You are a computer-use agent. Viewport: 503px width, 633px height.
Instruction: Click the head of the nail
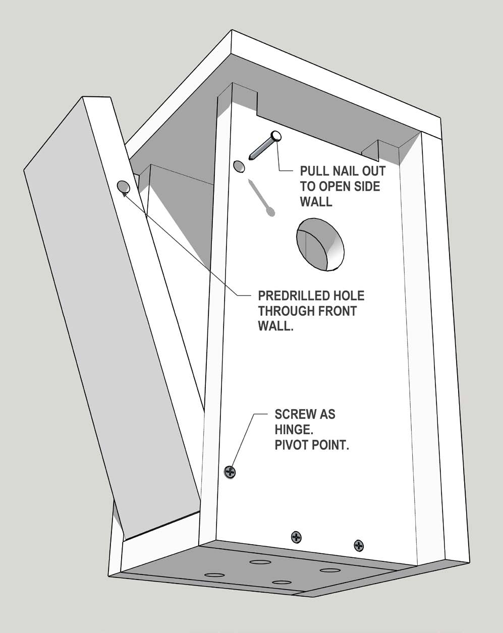(x=275, y=135)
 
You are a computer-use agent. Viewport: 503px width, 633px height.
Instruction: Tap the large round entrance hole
(x=321, y=244)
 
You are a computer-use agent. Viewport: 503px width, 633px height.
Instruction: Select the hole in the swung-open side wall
(x=123, y=187)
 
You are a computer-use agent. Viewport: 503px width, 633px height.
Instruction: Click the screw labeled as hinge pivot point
(x=230, y=472)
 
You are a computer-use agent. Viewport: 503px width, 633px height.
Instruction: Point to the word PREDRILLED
(x=294, y=296)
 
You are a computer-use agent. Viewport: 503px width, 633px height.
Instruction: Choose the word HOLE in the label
(x=348, y=296)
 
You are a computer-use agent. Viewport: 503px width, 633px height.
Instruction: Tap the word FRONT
(x=339, y=311)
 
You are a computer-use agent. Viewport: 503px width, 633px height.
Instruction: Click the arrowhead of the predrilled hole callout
(x=124, y=194)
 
